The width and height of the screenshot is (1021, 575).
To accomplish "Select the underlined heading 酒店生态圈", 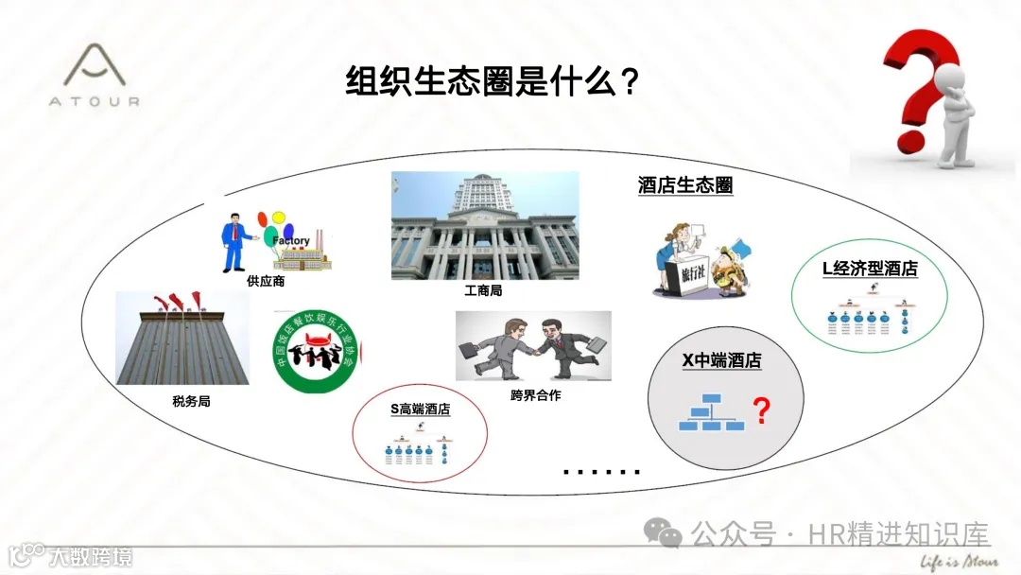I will pos(685,185).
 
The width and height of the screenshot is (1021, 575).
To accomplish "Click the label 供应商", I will pos(266,281).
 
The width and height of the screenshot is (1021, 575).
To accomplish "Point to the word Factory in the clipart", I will pos(291,241).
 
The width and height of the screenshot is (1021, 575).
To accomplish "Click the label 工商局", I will pos(483,290).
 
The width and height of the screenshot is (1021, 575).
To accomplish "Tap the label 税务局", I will pos(191,401).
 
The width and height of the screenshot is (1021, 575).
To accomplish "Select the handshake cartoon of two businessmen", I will pos(533,346).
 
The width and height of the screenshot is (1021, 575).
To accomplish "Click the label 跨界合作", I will pos(535,395).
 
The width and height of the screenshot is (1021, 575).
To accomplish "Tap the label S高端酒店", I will pos(420,409).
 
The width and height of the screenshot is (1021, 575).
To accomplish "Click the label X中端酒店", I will pos(721,360).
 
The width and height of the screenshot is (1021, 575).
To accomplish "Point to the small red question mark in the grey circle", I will pos(760,411).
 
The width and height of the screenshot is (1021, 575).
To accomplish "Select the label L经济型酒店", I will pos(870,269).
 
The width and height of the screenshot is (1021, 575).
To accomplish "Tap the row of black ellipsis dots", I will pos(601,471).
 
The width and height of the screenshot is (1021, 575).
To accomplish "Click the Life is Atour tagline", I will pos(959,558).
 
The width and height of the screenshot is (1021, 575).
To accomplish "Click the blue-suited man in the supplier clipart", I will pos(232,241).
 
